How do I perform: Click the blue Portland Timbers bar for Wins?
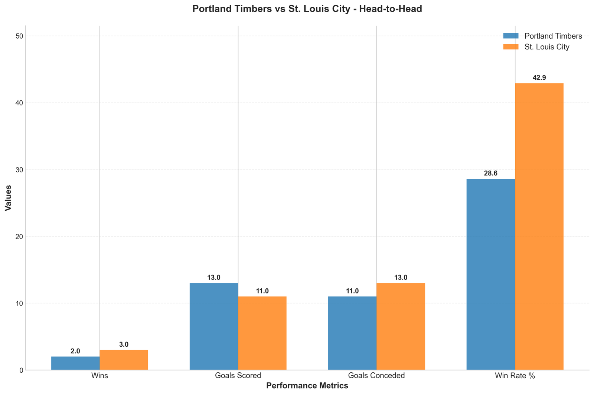click(x=75, y=363)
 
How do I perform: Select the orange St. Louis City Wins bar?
click(x=124, y=360)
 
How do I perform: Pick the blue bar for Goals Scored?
click(x=214, y=327)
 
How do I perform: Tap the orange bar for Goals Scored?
click(x=262, y=333)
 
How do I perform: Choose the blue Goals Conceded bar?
click(x=352, y=333)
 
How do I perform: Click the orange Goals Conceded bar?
click(x=401, y=327)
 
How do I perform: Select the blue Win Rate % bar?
click(x=490, y=275)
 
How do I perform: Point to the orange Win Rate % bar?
click(x=539, y=227)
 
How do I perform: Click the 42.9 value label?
click(x=539, y=78)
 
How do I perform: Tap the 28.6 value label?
click(x=490, y=173)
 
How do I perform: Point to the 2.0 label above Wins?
click(x=75, y=351)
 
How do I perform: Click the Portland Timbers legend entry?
click(x=542, y=36)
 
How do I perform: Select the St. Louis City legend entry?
click(x=536, y=47)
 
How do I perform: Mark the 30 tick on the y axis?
click(x=19, y=169)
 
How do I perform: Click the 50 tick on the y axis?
click(x=19, y=36)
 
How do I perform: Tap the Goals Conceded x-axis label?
click(x=376, y=376)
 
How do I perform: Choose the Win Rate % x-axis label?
click(x=515, y=376)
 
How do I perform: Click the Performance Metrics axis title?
click(x=307, y=386)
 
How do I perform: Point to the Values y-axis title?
click(x=8, y=198)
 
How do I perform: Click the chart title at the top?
click(x=307, y=9)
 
